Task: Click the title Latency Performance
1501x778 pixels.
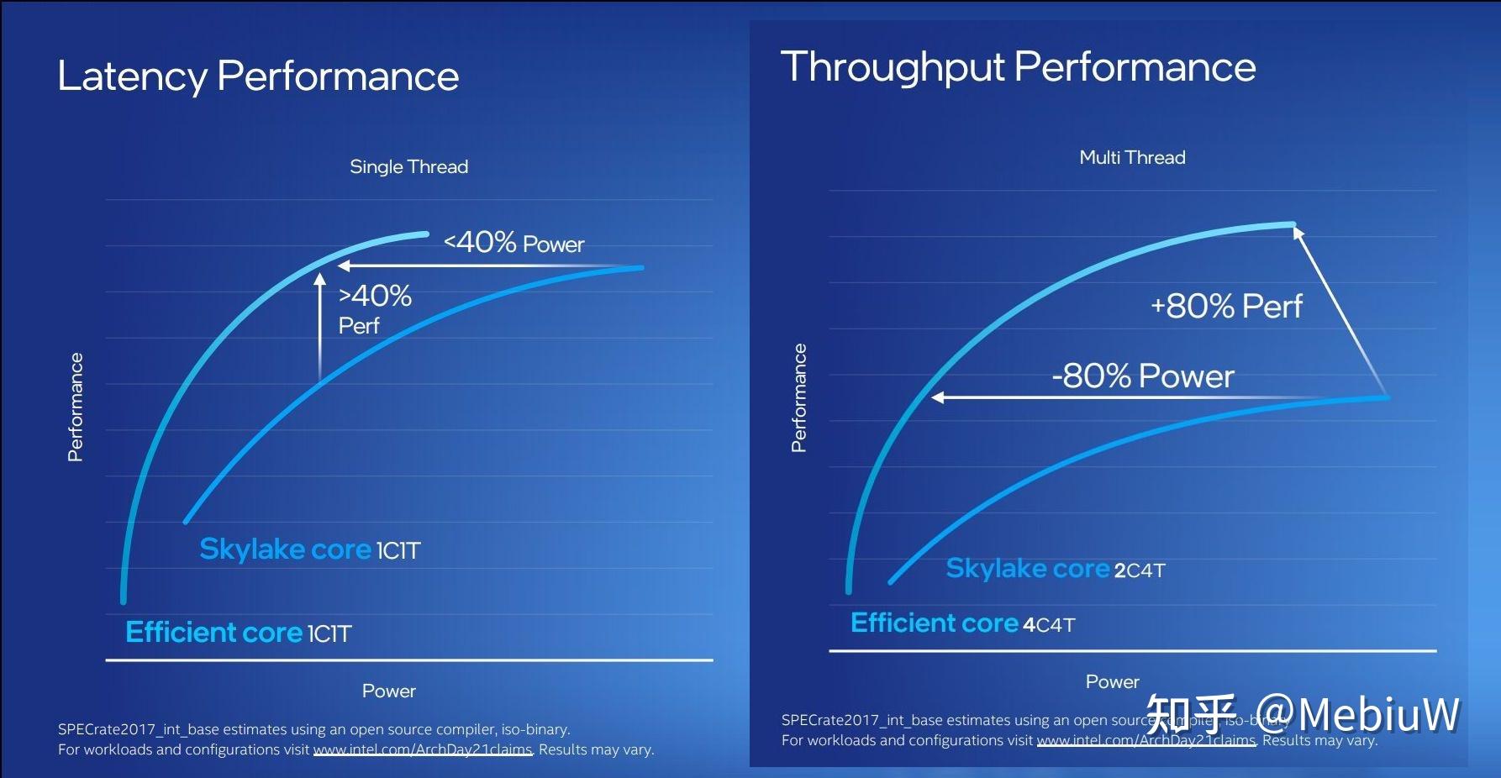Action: [258, 76]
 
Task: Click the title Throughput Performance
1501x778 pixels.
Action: [1018, 67]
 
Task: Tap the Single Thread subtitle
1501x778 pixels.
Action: [408, 166]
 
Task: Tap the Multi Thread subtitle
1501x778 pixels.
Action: [1132, 157]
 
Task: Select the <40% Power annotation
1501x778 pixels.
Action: [513, 243]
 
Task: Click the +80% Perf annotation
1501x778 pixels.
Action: [1226, 306]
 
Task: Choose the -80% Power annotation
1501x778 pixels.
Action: [1143, 376]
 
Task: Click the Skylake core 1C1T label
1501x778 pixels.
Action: [309, 549]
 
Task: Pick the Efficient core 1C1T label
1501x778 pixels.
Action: [238, 632]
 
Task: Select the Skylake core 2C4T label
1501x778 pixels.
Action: [1056, 569]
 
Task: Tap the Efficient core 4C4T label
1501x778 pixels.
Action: [962, 623]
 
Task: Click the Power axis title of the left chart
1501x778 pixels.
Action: [388, 691]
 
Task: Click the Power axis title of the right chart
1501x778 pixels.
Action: [1112, 681]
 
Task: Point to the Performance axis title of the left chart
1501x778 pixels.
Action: [76, 407]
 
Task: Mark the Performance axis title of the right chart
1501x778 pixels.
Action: [799, 397]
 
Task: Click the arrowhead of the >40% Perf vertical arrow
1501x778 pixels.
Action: [319, 278]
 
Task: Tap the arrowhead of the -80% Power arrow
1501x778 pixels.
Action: [938, 397]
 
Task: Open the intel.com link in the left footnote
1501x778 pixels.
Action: [423, 749]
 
